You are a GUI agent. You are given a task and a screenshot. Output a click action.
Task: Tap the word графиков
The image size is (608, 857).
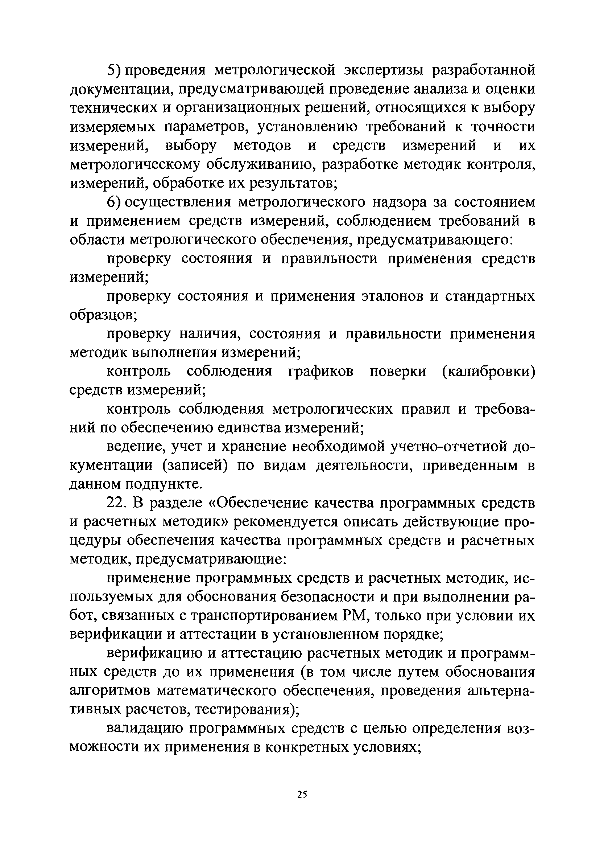(321, 372)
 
